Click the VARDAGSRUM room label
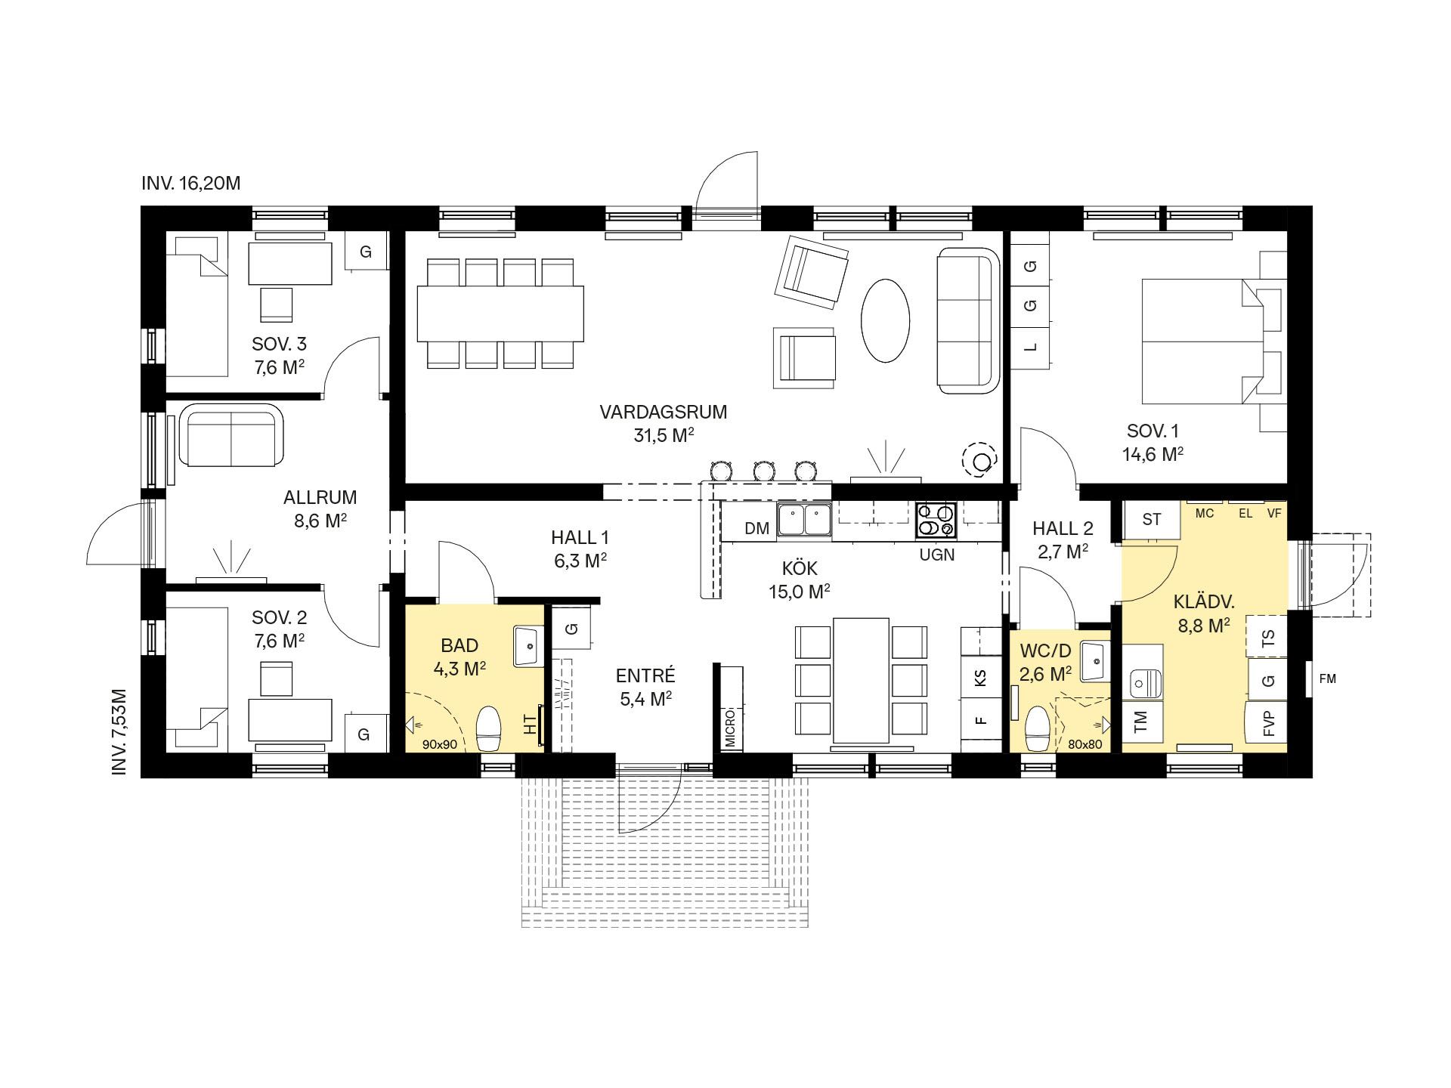coord(663,413)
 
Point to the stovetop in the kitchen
coord(936,521)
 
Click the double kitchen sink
coord(805,521)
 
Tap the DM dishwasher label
coord(756,529)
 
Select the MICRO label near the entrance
coord(730,728)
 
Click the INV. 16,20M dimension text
coord(190,184)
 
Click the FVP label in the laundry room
coord(1269,724)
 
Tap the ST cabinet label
coord(1151,519)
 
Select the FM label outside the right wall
coord(1328,678)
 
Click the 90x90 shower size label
coord(440,744)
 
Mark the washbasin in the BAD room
coord(529,646)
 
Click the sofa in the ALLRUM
coord(231,436)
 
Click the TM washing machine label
coord(1140,722)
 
